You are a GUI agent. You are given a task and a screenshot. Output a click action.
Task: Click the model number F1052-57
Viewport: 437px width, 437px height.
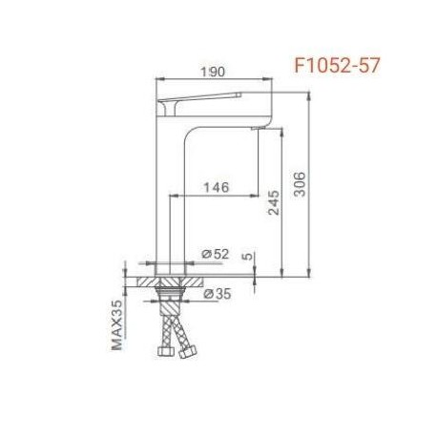337,66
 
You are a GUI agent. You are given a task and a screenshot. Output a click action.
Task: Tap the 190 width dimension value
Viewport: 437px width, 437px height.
213,72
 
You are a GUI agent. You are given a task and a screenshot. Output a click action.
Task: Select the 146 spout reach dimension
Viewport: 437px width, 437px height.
217,187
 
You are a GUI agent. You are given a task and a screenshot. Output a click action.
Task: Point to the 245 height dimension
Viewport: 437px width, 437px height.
274,202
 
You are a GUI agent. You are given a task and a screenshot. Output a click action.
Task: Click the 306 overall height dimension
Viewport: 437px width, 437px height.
300,184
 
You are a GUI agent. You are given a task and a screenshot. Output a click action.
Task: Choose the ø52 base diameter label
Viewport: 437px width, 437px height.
216,254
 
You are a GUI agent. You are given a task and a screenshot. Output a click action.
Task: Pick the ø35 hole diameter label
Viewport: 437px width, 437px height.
218,294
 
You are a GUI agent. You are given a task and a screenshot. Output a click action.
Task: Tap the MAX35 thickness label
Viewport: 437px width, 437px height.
116,324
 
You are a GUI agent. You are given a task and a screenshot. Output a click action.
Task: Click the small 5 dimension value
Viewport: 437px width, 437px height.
248,256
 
